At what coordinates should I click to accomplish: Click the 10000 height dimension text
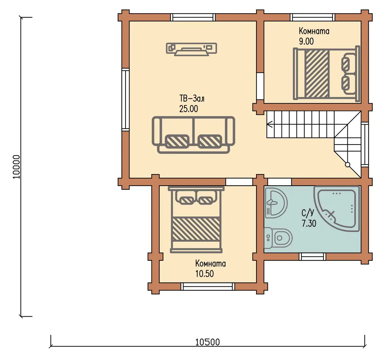[16, 167]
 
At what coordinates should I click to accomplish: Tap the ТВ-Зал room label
[192, 99]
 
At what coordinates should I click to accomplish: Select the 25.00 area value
[188, 109]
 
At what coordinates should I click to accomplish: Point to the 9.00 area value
[306, 41]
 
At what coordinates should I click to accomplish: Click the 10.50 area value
[205, 274]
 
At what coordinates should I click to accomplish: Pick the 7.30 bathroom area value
[309, 223]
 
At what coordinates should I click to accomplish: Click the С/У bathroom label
[308, 213]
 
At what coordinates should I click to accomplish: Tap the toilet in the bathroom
[278, 238]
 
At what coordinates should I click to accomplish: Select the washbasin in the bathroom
[276, 203]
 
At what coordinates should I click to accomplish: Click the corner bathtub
[337, 208]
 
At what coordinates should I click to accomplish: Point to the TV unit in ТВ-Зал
[191, 50]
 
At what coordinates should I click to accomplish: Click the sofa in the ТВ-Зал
[193, 135]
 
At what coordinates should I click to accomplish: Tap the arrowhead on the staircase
[270, 124]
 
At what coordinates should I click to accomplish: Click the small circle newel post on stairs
[347, 165]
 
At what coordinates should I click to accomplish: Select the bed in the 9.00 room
[326, 74]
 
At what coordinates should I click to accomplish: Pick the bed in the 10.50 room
[196, 220]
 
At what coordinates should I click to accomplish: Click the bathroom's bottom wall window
[313, 256]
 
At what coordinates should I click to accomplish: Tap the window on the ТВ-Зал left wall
[125, 100]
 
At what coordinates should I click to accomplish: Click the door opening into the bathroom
[280, 182]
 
